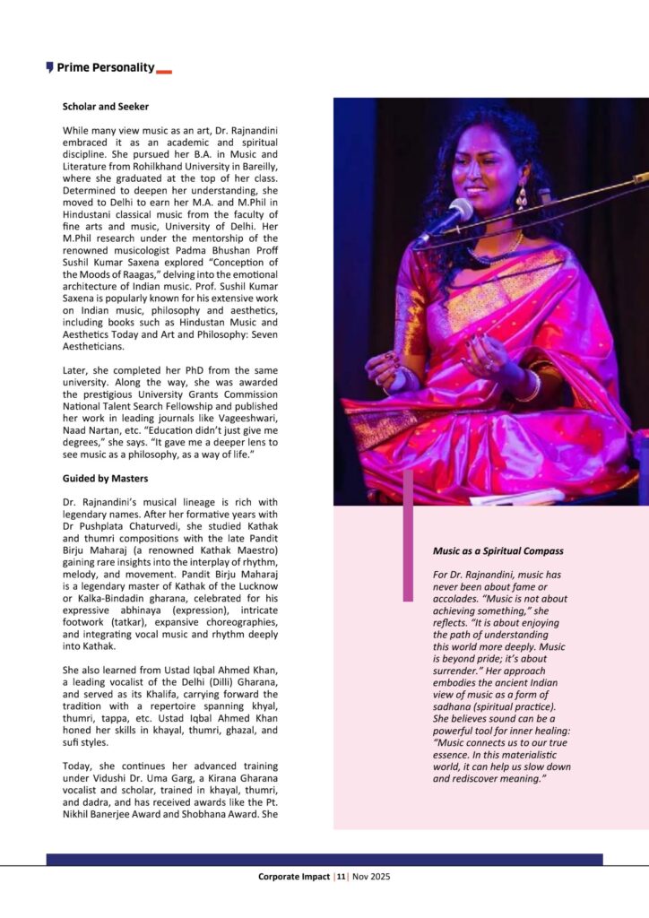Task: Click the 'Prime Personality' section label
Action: pyautogui.click(x=105, y=67)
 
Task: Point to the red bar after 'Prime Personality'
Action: pyautogui.click(x=164, y=71)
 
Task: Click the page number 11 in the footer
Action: pyautogui.click(x=341, y=877)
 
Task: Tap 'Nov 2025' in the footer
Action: pyautogui.click(x=370, y=877)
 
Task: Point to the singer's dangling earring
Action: pyautogui.click(x=522, y=196)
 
